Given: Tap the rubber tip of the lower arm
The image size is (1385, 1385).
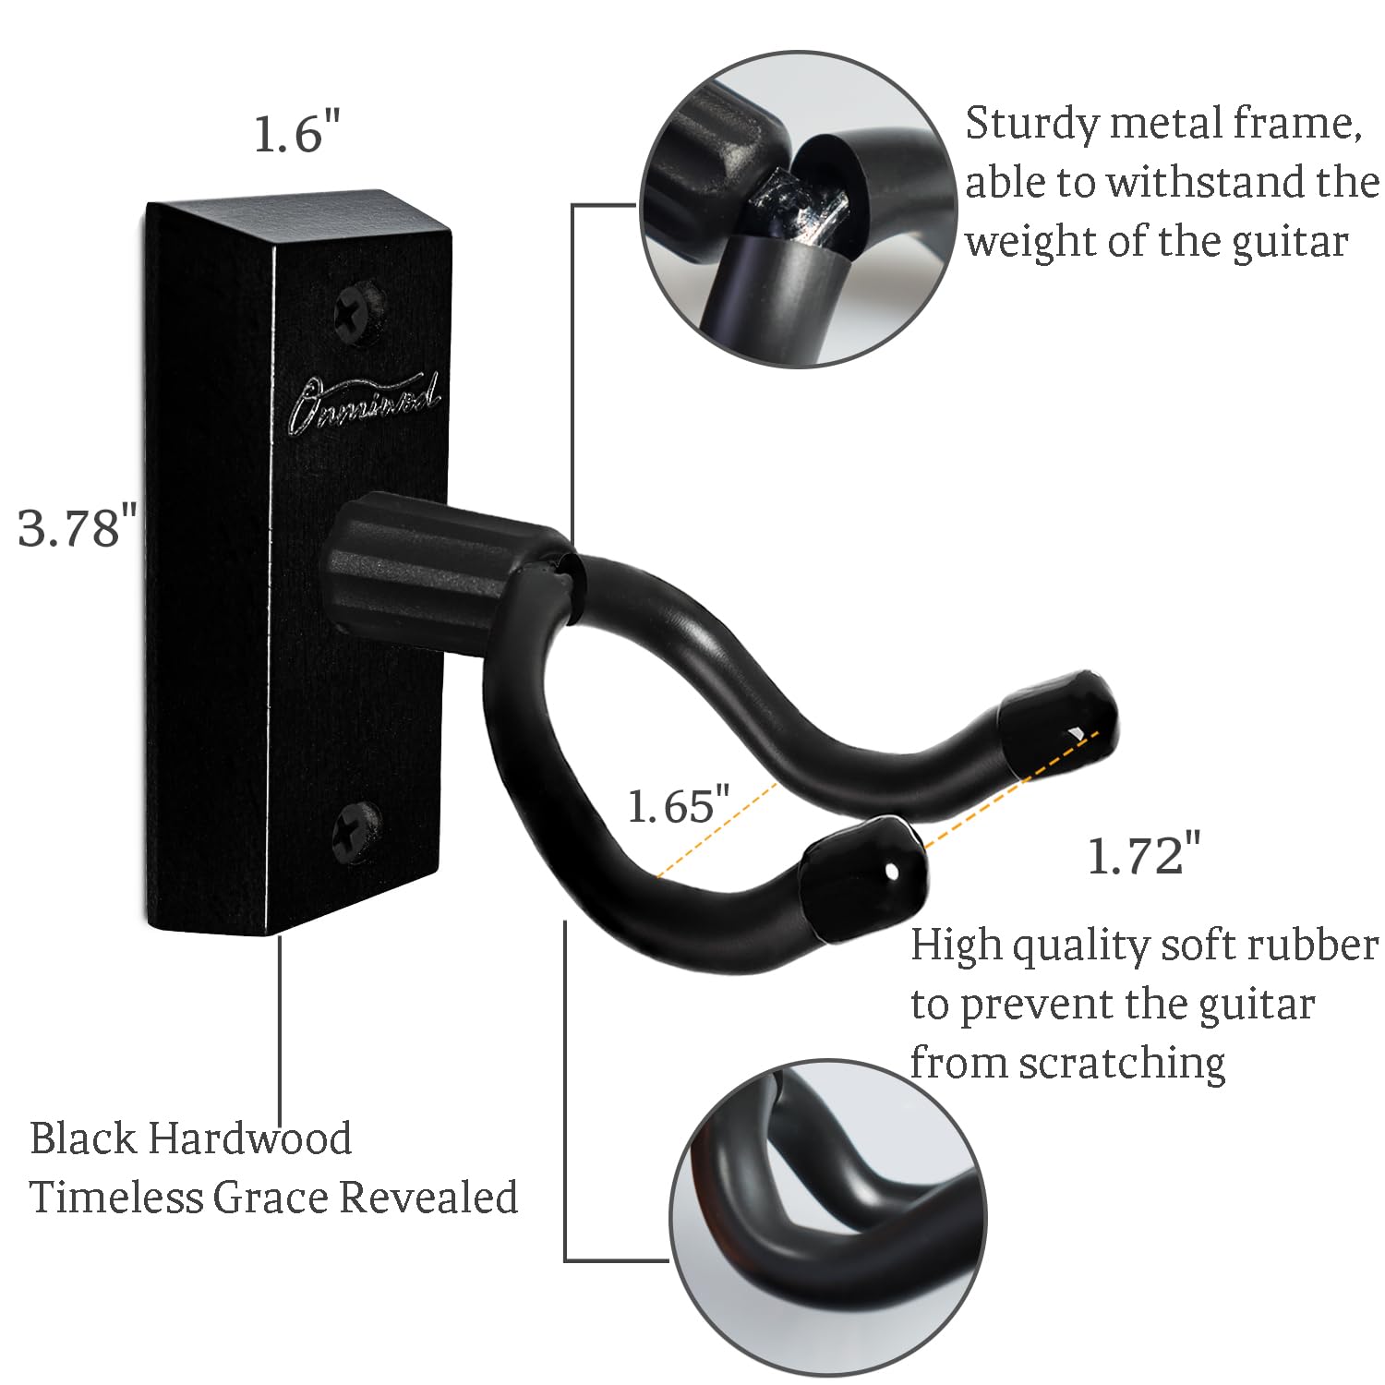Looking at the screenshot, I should click(x=862, y=877).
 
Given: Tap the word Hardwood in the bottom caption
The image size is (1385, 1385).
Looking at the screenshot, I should click(x=250, y=1138).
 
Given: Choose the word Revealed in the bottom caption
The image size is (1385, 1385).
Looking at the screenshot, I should click(x=428, y=1198).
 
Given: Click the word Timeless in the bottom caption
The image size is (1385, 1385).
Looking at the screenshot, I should click(x=115, y=1198).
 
